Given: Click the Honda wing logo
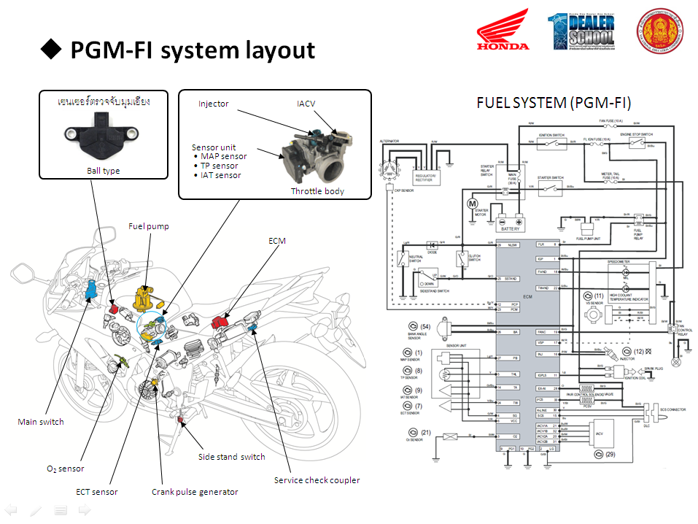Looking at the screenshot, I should [503, 31].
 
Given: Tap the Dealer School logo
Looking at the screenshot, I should [583, 31].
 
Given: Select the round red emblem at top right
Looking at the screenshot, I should [659, 31].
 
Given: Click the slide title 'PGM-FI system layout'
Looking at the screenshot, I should [193, 50].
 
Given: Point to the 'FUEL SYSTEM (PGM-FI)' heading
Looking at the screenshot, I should [554, 102].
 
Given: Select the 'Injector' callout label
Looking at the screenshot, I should [214, 104].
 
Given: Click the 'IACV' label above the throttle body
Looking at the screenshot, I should [306, 104].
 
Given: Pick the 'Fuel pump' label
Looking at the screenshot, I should [149, 226].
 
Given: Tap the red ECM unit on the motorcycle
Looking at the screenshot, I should [221, 322].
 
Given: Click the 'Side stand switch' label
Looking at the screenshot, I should [232, 457].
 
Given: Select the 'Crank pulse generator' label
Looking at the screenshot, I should [195, 492].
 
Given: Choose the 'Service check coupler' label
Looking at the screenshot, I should [317, 480].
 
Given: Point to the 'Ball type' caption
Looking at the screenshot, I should [102, 171].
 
